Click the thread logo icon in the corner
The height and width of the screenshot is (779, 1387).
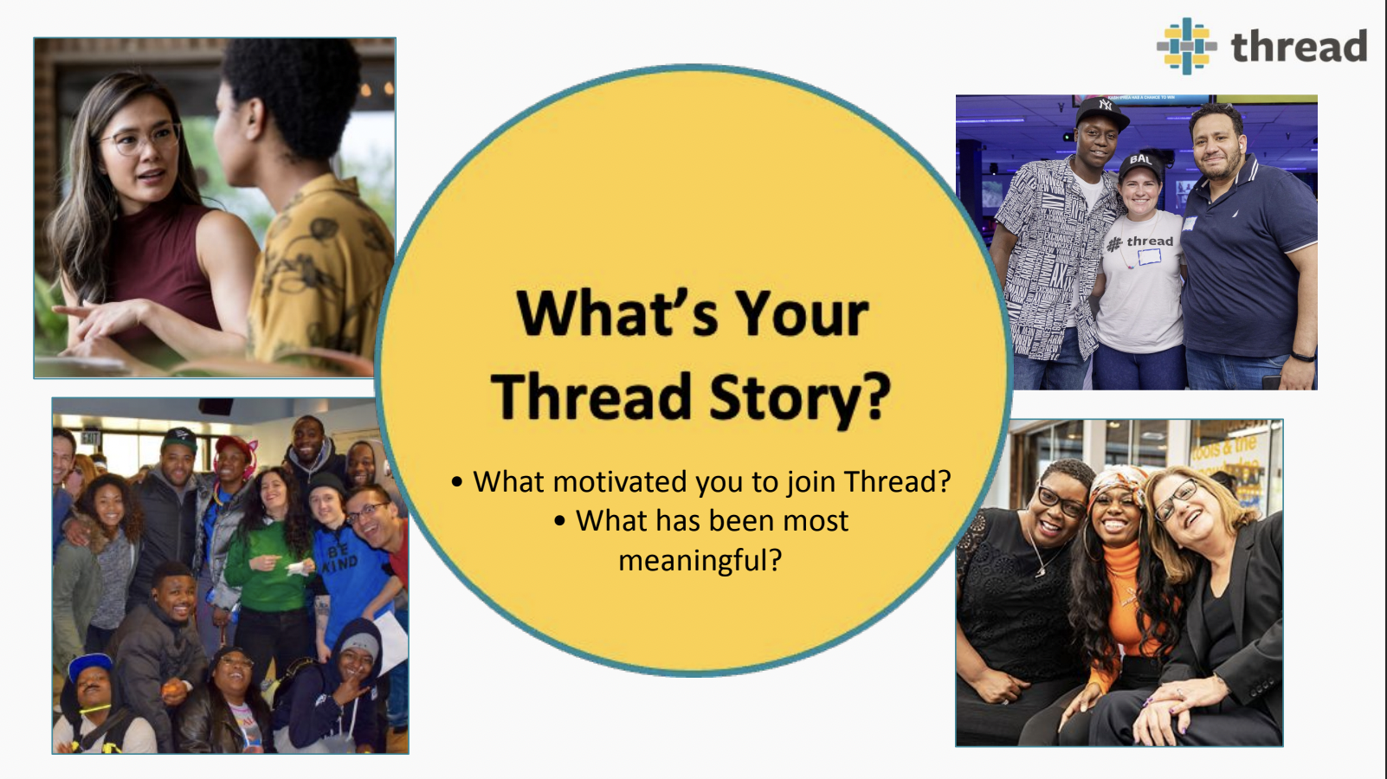coord(1186,46)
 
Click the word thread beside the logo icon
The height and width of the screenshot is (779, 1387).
coord(1299,47)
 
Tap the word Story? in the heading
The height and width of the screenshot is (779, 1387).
coord(799,396)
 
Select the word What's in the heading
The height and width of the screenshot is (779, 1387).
coord(616,312)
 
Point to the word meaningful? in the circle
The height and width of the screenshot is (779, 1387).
coord(700,560)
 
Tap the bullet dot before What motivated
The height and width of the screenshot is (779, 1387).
coord(457,482)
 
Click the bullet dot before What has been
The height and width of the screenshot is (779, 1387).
coord(560,521)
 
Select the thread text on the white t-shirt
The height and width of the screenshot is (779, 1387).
coord(1149,241)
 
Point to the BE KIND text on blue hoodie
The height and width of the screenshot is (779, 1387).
coord(340,557)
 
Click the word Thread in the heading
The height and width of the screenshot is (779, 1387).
coord(590,396)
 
